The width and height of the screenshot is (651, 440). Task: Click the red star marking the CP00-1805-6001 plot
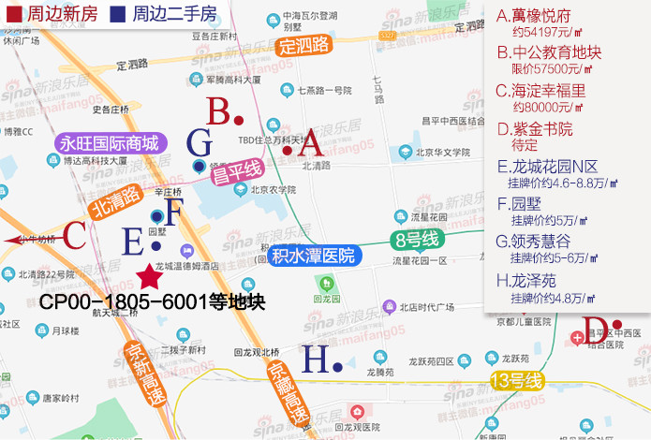148,276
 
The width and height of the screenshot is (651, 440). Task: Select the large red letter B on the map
219,113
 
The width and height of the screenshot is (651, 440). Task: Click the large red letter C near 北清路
74,234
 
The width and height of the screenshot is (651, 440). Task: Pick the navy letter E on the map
134,242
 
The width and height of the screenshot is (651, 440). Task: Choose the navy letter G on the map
200,142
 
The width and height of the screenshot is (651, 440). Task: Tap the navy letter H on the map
315,359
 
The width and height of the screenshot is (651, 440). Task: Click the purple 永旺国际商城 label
111,143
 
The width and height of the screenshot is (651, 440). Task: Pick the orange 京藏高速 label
287,393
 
